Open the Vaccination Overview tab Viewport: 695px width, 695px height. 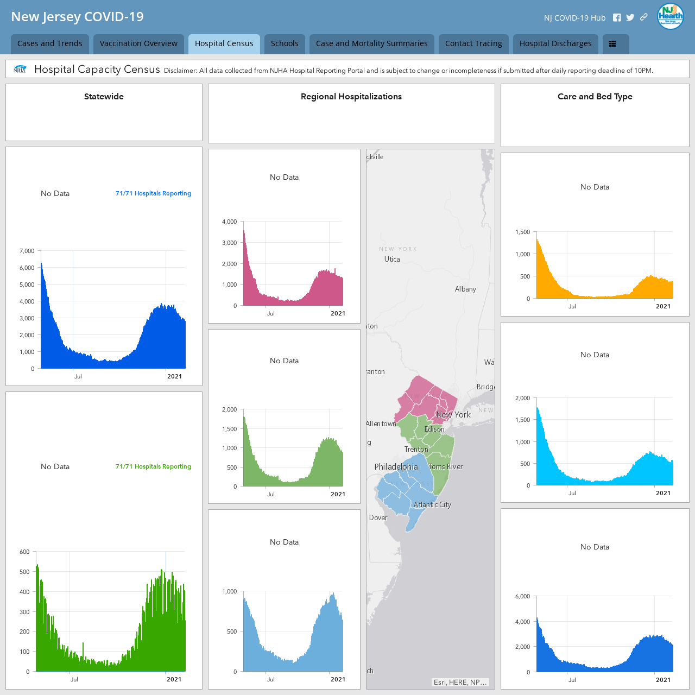pyautogui.click(x=138, y=43)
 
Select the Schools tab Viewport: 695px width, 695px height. pyautogui.click(x=285, y=43)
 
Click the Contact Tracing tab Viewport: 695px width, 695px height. pyautogui.click(x=473, y=43)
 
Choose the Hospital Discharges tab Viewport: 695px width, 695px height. pyautogui.click(x=555, y=43)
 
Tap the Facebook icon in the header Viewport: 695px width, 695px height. pyautogui.click(x=617, y=18)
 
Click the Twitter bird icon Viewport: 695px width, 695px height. pyautogui.click(x=630, y=18)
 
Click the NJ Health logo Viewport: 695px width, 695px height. pyautogui.click(x=670, y=17)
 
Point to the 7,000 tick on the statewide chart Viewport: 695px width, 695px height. pyautogui.click(x=27, y=251)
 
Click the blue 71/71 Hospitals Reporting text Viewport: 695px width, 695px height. pyautogui.click(x=153, y=193)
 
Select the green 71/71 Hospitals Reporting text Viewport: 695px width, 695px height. pyautogui.click(x=153, y=466)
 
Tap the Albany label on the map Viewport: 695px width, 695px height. pyautogui.click(x=465, y=289)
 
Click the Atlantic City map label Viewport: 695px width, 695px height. pyautogui.click(x=432, y=504)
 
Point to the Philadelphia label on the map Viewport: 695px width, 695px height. pyautogui.click(x=396, y=467)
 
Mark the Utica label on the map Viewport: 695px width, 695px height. pyautogui.click(x=392, y=259)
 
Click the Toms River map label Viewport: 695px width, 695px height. pyautogui.click(x=445, y=466)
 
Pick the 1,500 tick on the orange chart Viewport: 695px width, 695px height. pyautogui.click(x=522, y=232)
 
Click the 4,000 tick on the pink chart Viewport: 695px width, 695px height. pyautogui.click(x=229, y=222)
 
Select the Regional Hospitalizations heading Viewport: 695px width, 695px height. pyautogui.click(x=351, y=97)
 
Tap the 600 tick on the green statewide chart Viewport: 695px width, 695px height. pyautogui.click(x=24, y=552)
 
